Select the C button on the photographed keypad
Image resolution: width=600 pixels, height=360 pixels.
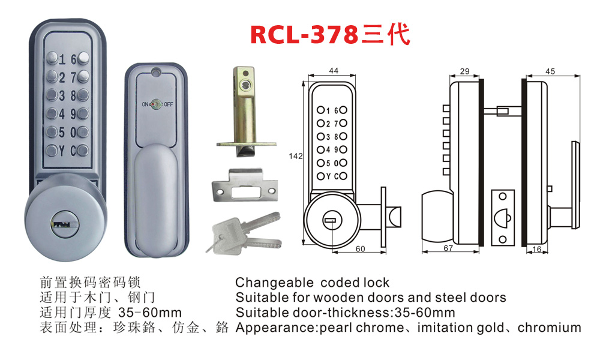[x=83, y=151]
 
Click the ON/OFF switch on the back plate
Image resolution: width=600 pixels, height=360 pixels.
[x=157, y=104]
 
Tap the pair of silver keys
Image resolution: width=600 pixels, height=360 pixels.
[x=244, y=234]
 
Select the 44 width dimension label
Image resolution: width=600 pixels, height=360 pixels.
[x=333, y=70]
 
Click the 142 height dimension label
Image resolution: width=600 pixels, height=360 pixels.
[x=295, y=156]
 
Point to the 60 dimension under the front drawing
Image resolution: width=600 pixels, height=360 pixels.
[x=360, y=249]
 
